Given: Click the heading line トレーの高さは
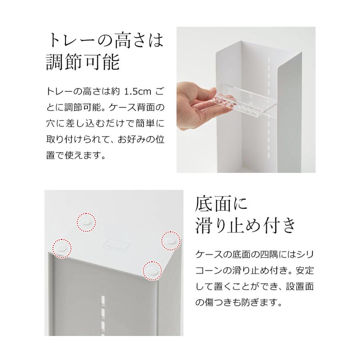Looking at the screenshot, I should (x=105, y=40).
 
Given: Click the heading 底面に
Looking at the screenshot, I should (x=221, y=205).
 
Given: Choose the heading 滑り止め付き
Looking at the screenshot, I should (x=245, y=226).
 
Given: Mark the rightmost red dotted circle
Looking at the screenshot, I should (x=172, y=241).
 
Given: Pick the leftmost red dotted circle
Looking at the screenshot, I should (x=62, y=248).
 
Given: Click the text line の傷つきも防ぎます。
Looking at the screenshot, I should (x=239, y=303).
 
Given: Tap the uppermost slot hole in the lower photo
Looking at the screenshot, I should (x=103, y=299).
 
